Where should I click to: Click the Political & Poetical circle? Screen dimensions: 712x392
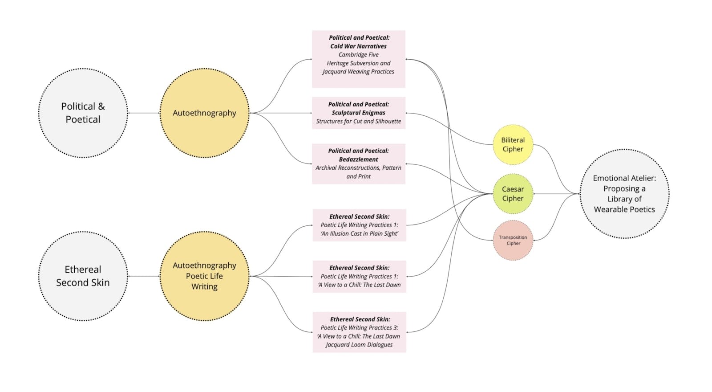click(83, 113)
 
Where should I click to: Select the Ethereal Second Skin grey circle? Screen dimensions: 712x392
click(83, 276)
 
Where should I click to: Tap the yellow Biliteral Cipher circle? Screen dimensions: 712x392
click(513, 144)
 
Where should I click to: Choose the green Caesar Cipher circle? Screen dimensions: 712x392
click(513, 193)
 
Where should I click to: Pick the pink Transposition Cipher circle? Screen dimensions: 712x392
click(513, 240)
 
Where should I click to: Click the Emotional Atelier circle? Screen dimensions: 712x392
click(624, 193)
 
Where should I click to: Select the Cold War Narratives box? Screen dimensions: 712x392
click(359, 59)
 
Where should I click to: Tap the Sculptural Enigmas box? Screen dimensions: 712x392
click(359, 113)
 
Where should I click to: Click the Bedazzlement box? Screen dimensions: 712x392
click(359, 163)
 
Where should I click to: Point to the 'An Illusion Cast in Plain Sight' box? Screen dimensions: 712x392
click(359, 225)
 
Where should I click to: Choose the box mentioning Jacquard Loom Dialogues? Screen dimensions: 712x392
click(359, 332)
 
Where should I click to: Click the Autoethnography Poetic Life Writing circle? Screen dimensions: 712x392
click(204, 276)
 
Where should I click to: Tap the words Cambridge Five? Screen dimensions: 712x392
click(358, 55)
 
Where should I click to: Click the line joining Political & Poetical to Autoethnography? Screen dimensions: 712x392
click(144, 113)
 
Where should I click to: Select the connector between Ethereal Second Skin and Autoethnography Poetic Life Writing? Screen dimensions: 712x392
click(144, 276)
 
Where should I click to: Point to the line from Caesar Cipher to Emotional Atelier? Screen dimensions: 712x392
click(556, 194)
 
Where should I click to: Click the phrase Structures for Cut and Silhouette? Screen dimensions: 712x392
click(358, 121)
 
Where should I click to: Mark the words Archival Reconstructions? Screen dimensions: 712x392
click(348, 167)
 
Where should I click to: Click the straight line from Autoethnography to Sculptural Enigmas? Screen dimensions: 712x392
click(281, 113)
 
